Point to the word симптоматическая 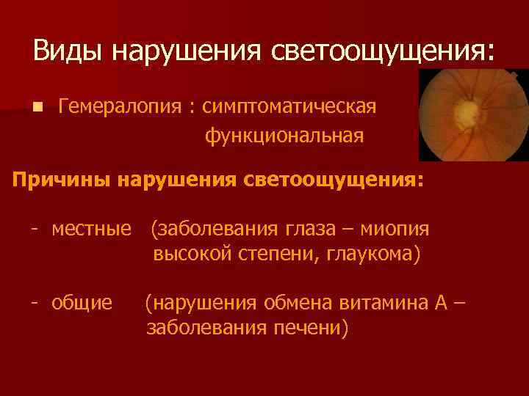click(x=289, y=107)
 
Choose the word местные click(x=92, y=230)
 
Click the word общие click(x=82, y=302)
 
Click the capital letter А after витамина click(x=445, y=302)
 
